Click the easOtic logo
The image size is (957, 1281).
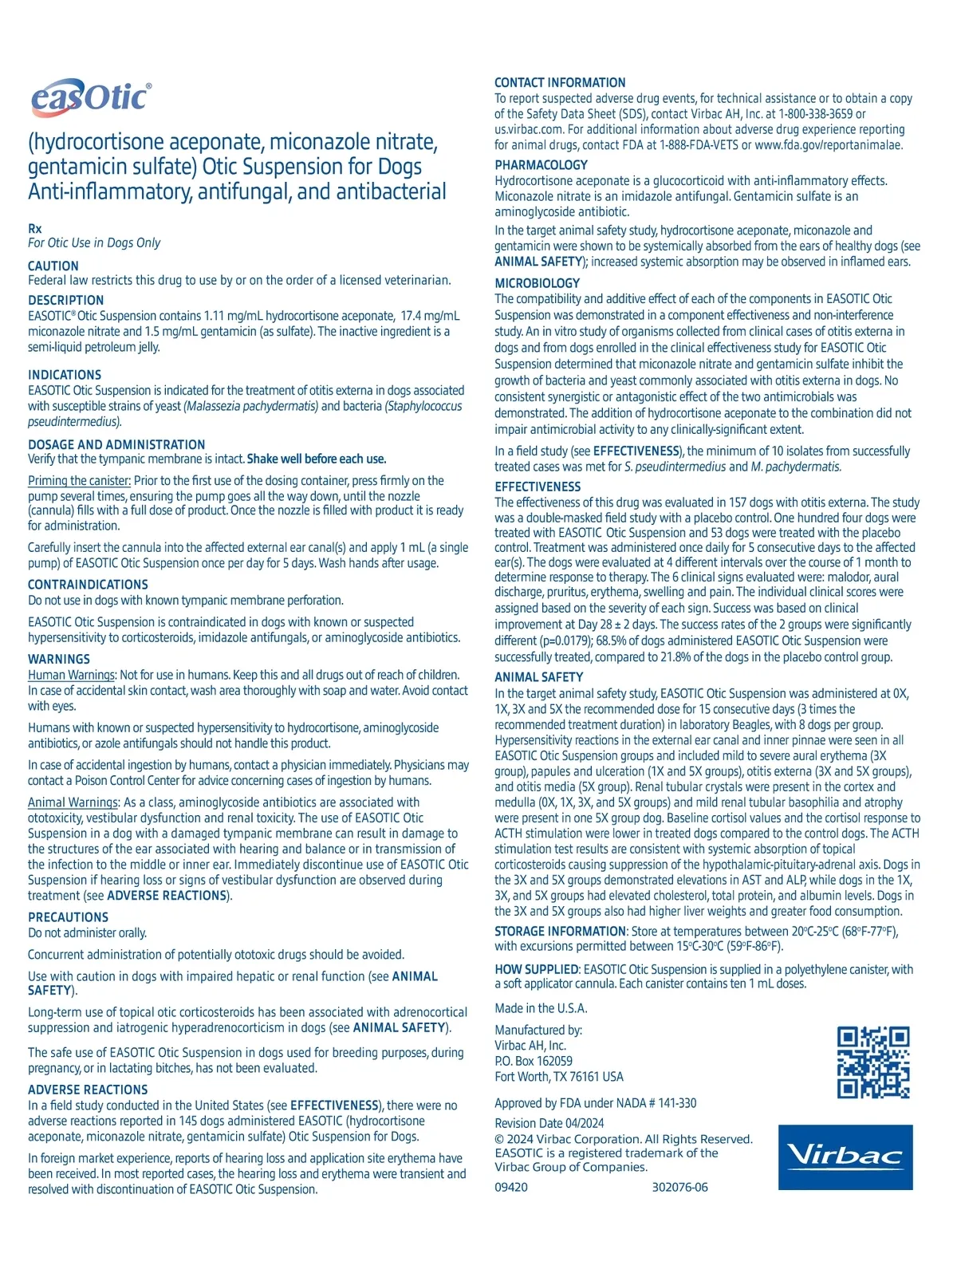click(90, 99)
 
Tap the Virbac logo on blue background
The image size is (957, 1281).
click(845, 1157)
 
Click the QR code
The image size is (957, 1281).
click(872, 1062)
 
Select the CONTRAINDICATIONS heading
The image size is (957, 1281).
click(88, 585)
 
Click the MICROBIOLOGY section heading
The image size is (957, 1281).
click(537, 283)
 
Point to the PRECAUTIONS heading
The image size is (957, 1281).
click(68, 917)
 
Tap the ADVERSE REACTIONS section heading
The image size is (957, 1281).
click(88, 1090)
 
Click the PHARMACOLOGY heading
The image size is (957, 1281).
click(541, 165)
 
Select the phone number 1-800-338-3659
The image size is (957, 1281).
click(815, 114)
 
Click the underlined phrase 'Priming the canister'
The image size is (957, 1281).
click(79, 481)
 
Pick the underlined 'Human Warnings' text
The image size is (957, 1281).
click(71, 675)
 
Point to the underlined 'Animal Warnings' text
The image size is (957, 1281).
click(73, 802)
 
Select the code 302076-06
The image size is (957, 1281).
click(679, 1187)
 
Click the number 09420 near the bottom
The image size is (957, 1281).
click(510, 1187)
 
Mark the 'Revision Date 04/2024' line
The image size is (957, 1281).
click(549, 1123)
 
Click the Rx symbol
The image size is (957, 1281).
click(35, 228)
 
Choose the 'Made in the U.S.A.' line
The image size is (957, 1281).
click(541, 1008)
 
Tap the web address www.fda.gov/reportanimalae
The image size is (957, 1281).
click(829, 145)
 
